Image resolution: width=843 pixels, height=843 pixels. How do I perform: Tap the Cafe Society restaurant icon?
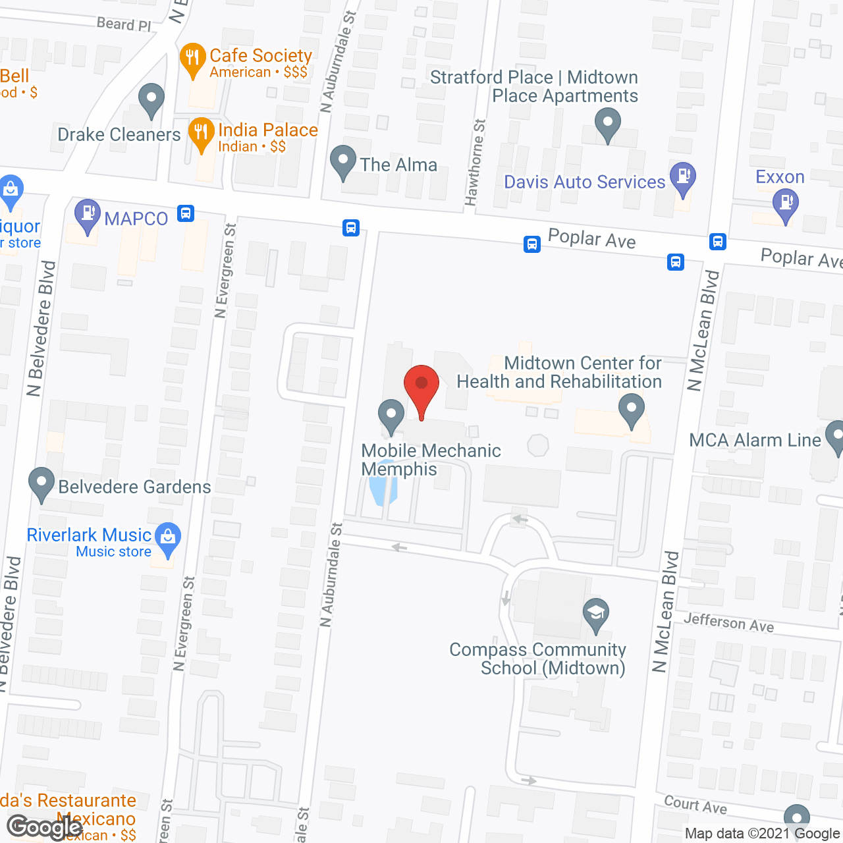[192, 59]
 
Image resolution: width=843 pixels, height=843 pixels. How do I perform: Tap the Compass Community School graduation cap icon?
[596, 615]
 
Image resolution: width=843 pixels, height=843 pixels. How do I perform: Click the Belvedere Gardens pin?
[41, 483]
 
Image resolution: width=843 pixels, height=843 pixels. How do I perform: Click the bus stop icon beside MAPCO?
[186, 213]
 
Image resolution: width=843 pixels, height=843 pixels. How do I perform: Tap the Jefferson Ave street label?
[728, 622]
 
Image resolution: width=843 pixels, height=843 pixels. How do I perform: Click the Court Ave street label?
[695, 805]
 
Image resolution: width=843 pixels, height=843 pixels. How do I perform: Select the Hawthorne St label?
[476, 162]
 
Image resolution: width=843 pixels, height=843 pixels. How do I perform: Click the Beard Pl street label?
[124, 24]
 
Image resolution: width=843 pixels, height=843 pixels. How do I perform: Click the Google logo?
[44, 827]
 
